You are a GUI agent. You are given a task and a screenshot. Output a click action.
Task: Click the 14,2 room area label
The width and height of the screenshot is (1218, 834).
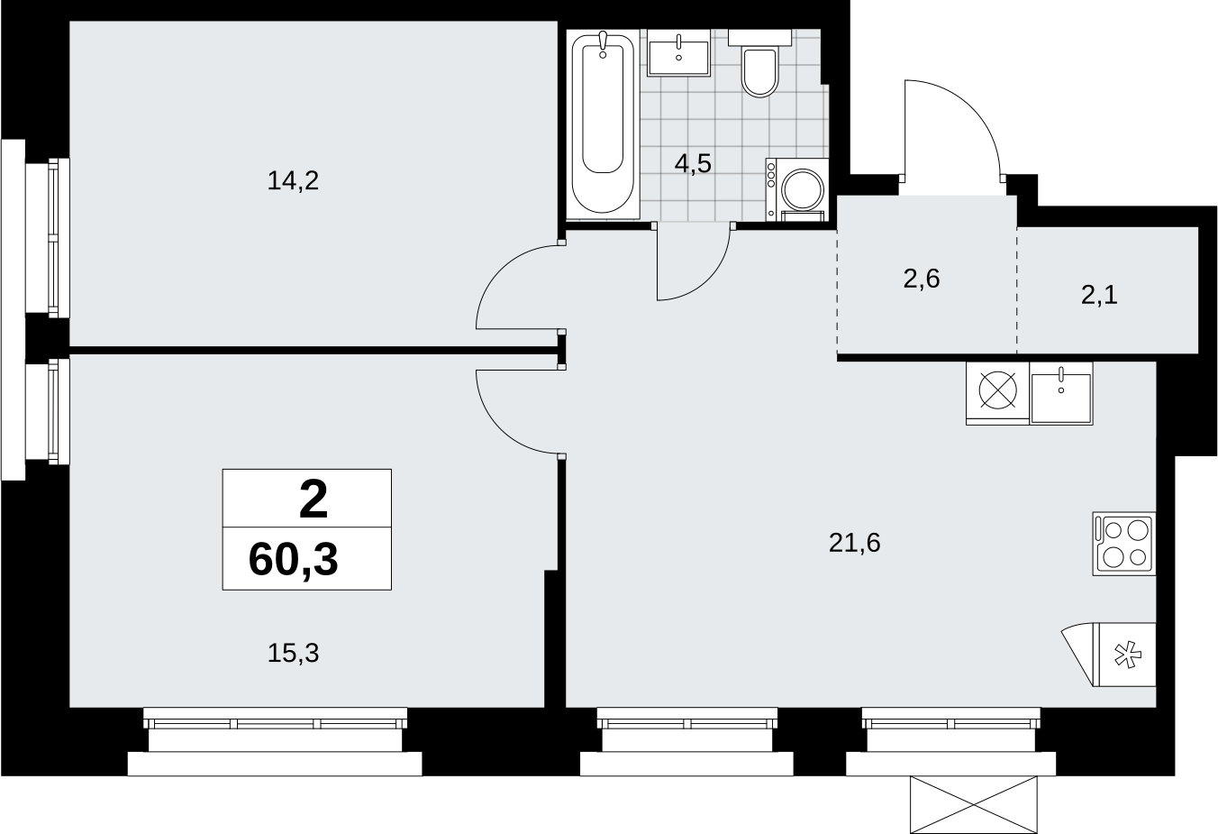[x=293, y=180]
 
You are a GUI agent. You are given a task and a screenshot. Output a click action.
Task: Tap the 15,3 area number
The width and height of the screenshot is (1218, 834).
[x=293, y=653]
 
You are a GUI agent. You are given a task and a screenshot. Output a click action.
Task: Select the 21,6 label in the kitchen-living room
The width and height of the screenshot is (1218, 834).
[x=854, y=543]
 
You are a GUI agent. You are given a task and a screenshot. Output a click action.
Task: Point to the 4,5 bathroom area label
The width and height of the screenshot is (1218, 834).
[x=693, y=163]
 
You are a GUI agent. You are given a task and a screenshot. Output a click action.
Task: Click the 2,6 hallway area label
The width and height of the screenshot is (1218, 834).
[x=922, y=279]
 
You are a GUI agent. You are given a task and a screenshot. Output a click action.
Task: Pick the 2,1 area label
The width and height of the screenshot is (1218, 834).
[x=1099, y=296]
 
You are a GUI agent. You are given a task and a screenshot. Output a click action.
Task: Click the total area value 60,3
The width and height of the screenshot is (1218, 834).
[x=293, y=560]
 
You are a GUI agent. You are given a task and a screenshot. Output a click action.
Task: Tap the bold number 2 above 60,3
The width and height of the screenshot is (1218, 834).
[x=314, y=499]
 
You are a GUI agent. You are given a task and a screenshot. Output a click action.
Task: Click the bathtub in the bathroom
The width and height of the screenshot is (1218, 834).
[x=603, y=124]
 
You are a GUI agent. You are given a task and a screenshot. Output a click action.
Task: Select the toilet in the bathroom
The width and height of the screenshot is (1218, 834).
[x=759, y=64]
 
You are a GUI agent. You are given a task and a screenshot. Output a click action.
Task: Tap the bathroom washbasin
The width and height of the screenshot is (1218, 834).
[x=678, y=53]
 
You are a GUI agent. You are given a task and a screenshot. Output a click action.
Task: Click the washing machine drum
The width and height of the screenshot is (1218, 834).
[x=803, y=189]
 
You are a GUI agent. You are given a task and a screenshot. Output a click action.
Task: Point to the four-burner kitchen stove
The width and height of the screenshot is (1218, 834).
[x=1124, y=544]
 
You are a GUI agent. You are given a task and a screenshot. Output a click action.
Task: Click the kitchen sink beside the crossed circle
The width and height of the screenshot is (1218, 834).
[x=1061, y=393]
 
